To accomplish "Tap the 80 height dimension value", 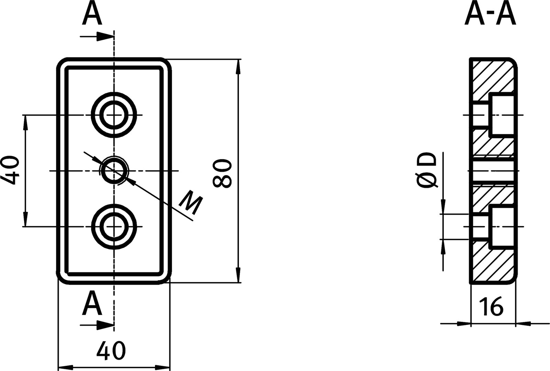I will coord(221,173).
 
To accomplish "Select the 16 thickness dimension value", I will coord(493,307).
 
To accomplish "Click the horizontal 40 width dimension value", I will coord(111,350).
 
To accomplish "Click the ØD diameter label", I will coord(427,171).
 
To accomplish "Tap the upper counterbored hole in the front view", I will coord(114,115).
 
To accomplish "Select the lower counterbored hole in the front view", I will coord(114,226).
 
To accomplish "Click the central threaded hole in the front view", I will coord(114,171).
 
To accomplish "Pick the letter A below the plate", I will coord(92,303).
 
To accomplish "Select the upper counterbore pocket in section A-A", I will coord(503,115).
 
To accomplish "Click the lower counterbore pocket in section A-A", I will coord(503,226).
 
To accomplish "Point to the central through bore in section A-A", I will coord(493,171).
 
